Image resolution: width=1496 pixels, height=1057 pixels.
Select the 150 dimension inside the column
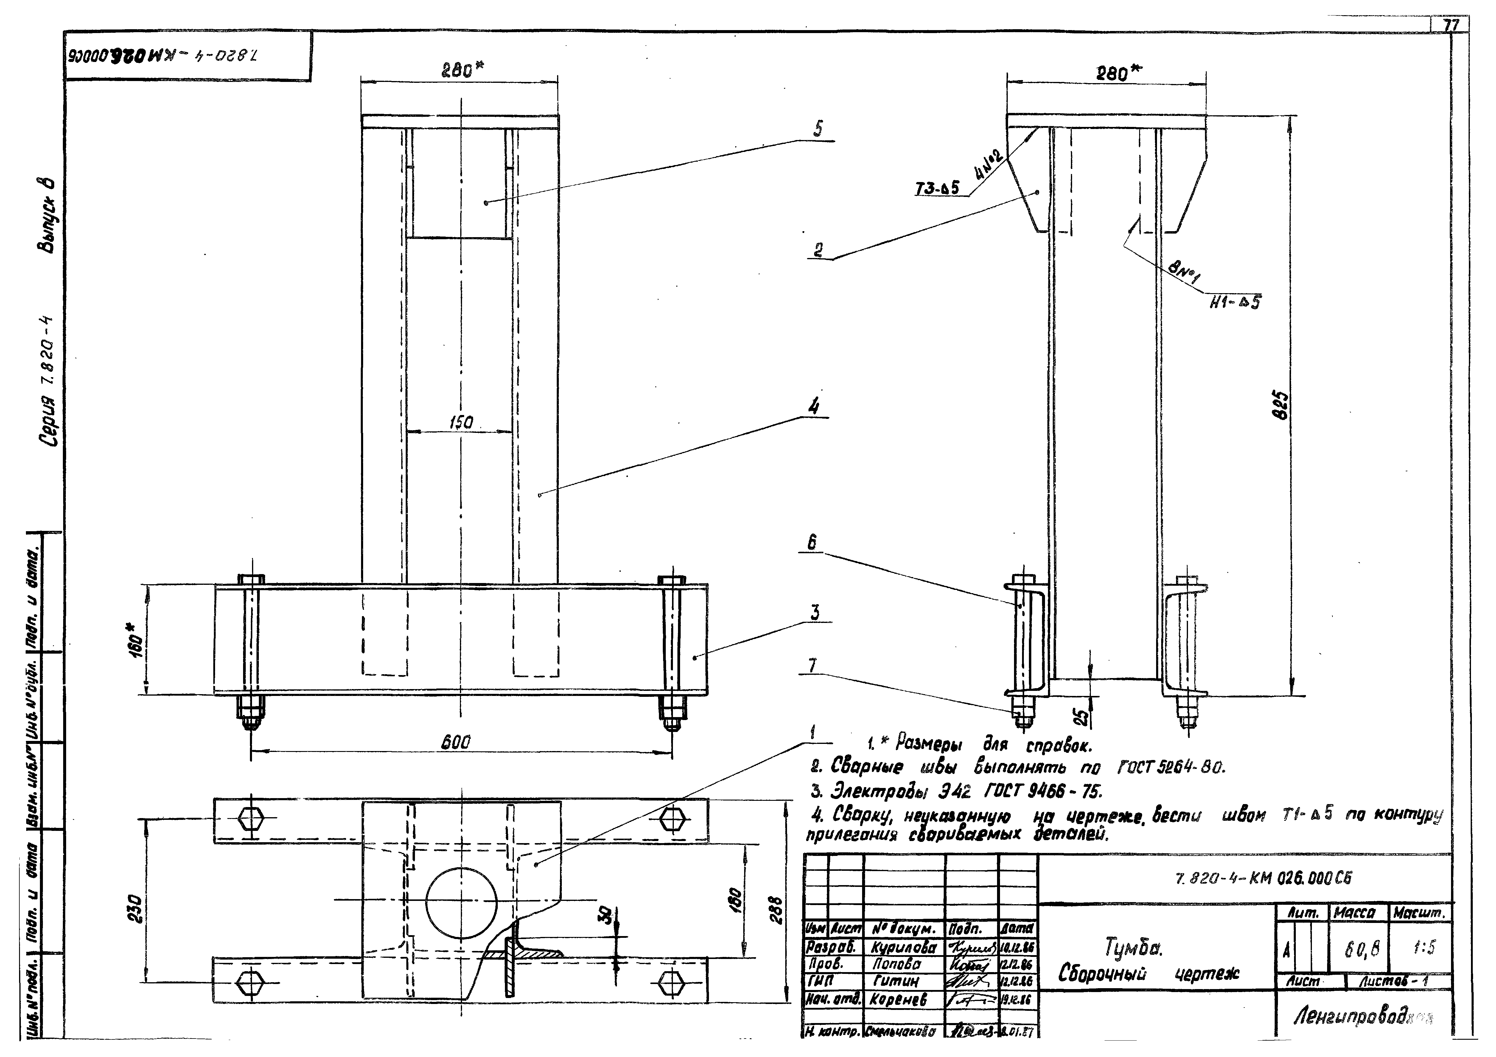click(x=461, y=422)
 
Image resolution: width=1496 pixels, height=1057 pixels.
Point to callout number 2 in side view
click(x=818, y=250)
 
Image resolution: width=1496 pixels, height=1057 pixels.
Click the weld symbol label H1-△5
click(x=1235, y=302)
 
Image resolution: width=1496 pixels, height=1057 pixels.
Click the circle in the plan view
click(x=461, y=903)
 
